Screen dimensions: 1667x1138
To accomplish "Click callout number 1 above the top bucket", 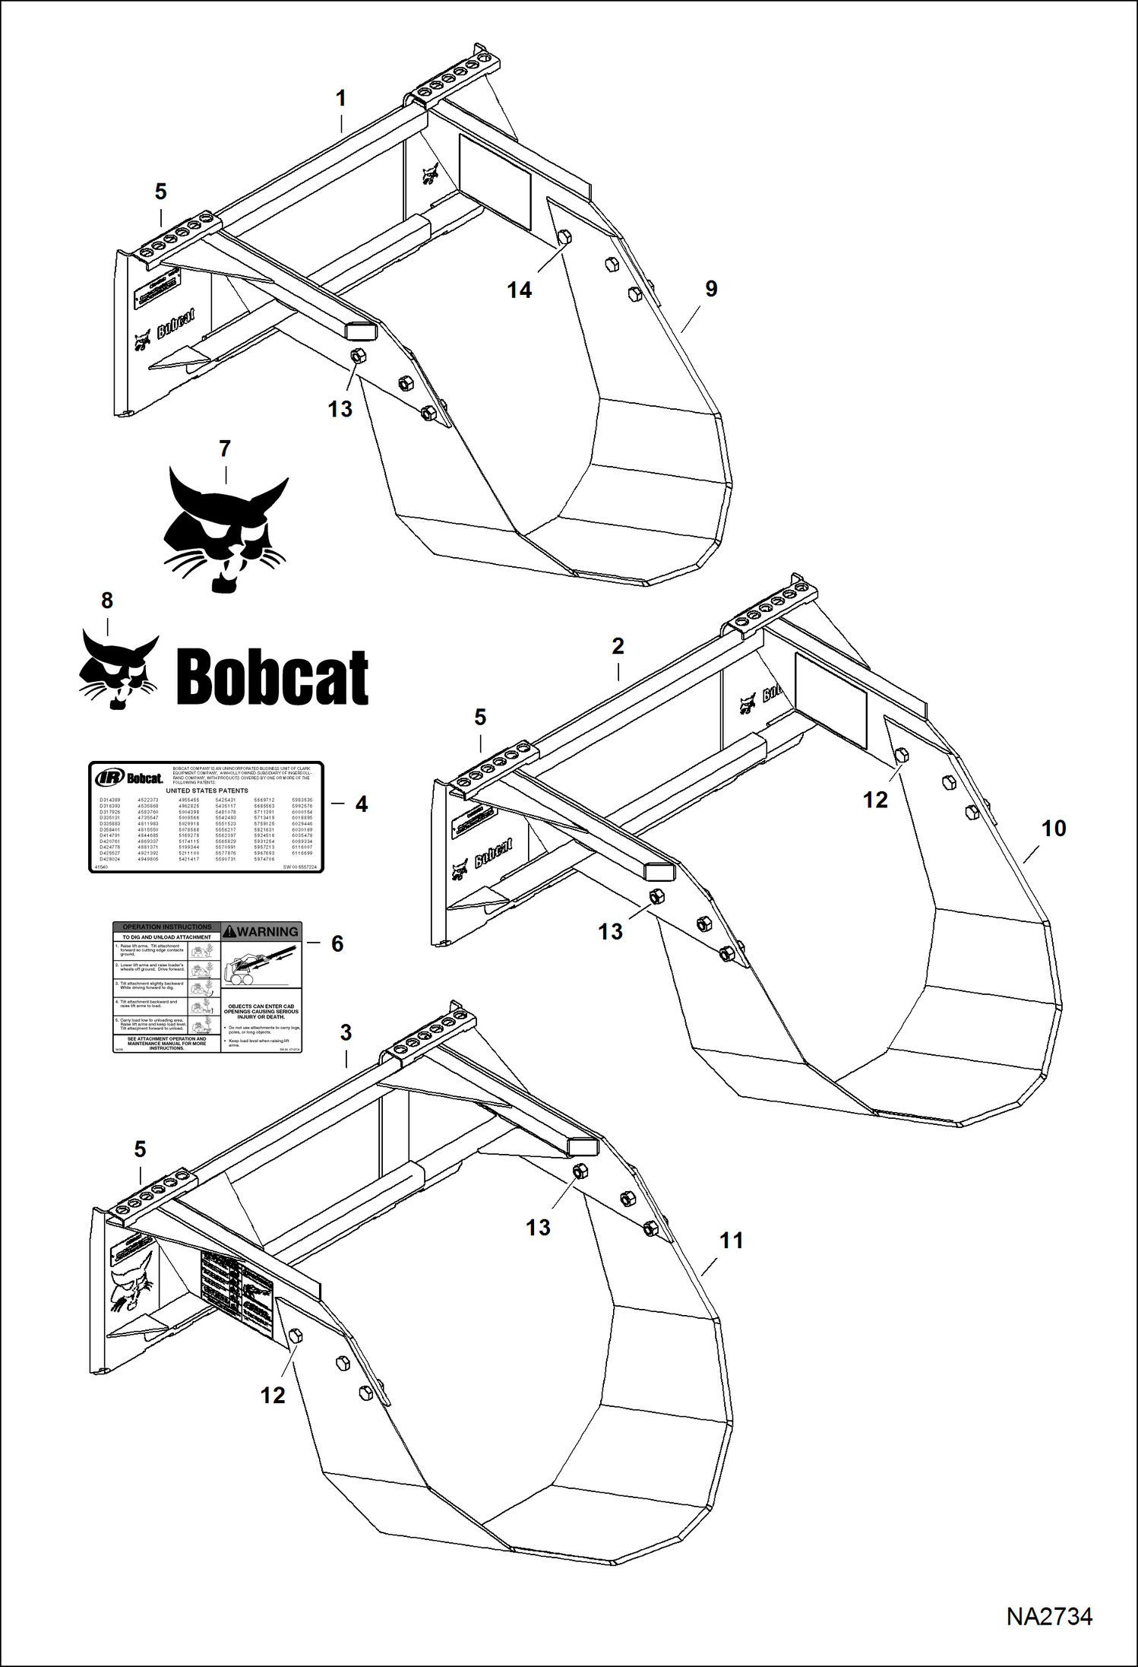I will (341, 98).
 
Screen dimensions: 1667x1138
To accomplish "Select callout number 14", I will (520, 290).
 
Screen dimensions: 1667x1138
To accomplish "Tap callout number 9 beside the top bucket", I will (711, 288).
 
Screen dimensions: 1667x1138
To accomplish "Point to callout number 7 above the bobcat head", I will (225, 448).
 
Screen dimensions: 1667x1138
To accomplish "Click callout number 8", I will (107, 601).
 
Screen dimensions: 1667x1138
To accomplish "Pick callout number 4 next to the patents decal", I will (362, 803).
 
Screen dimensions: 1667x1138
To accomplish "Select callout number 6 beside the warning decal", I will (337, 943).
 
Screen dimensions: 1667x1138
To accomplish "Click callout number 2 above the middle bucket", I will (618, 646).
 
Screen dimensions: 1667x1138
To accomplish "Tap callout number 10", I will (1054, 828).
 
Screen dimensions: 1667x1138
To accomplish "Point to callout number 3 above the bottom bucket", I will (346, 1032).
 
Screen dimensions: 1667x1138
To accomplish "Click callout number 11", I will (731, 1241).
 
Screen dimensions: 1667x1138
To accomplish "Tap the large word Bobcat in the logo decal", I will (272, 677).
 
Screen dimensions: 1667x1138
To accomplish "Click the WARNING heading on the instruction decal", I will (262, 931).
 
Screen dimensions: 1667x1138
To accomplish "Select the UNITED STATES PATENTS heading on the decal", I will (207, 791).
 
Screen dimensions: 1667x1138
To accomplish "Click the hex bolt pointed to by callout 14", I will (564, 237).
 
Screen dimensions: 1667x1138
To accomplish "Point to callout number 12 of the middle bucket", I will (875, 800).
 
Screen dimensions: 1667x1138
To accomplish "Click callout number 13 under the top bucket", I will (340, 409).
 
